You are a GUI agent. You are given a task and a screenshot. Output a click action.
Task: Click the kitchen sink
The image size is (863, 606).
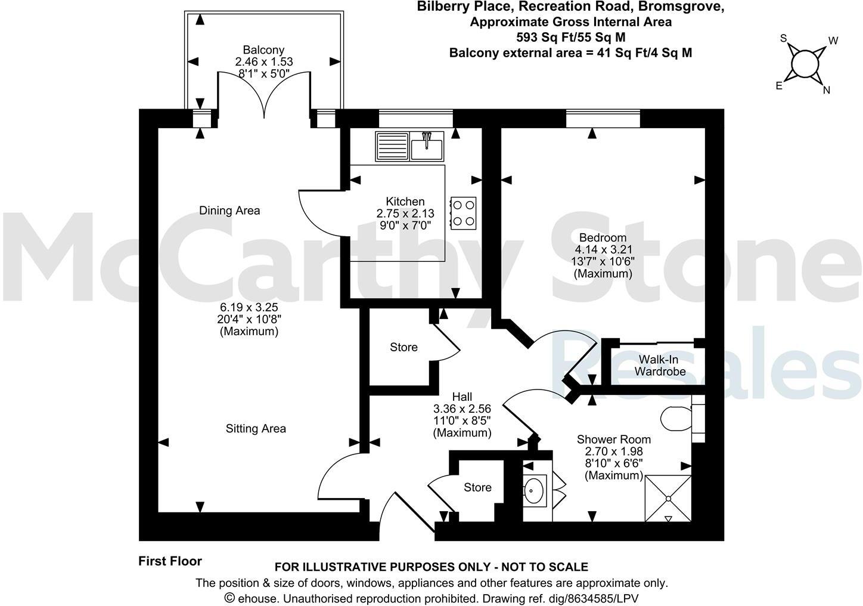427,146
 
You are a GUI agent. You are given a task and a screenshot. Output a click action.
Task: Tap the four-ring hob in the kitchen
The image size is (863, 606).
464,212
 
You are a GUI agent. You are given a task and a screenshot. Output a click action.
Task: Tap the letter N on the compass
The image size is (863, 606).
827,90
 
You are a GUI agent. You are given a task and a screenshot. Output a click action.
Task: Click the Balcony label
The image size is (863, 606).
263,50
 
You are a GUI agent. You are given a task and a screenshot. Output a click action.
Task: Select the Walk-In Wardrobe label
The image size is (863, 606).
660,365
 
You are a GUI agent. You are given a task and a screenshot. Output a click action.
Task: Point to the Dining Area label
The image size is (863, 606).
229,210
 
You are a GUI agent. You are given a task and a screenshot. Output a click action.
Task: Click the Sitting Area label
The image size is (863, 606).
256,428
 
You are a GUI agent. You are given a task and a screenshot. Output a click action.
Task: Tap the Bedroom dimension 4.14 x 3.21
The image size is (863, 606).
603,249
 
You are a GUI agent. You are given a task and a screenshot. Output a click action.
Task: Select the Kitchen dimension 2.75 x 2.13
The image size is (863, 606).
405,213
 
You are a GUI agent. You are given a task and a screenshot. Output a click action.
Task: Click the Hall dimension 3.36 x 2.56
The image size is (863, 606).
462,409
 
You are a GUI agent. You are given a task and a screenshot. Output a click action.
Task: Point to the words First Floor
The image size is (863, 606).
170,561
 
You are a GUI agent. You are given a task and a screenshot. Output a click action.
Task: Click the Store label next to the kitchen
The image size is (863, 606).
403,347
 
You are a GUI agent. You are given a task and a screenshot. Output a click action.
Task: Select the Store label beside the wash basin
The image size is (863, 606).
477,487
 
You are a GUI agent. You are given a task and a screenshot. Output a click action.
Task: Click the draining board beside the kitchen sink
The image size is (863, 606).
392,146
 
